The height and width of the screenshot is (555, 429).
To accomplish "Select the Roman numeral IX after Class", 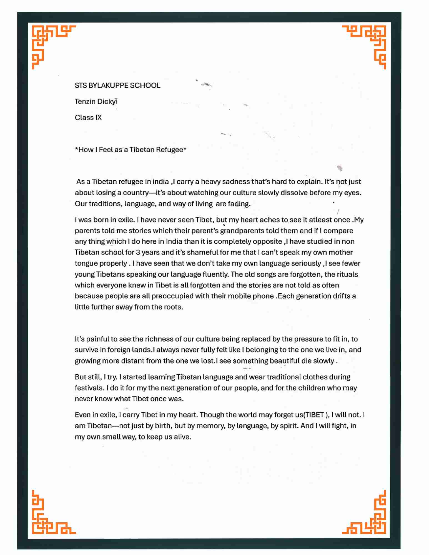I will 99,118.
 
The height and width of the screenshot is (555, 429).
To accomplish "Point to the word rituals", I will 348,274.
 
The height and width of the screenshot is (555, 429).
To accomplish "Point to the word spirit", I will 288,426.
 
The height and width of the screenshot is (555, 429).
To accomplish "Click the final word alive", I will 182,437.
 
